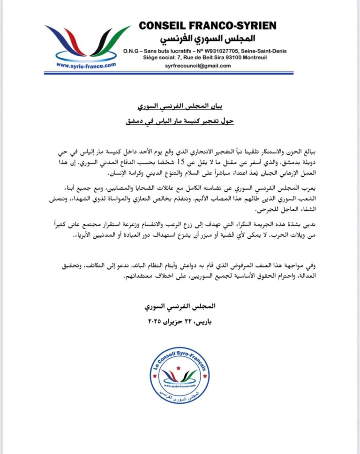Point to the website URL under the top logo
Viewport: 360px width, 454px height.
86,66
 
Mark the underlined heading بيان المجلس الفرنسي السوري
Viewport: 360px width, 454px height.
180,108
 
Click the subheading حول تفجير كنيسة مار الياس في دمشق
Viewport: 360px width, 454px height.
180,123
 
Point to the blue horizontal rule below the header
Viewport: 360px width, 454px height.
180,73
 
